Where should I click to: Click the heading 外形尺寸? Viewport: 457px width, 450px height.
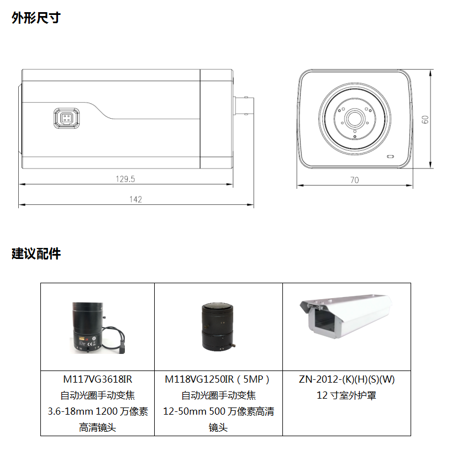tap(36, 18)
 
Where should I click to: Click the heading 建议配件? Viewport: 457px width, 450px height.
tap(36, 254)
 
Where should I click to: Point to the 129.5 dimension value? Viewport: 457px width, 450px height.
tap(125, 179)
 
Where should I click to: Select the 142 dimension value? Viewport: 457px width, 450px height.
tap(136, 199)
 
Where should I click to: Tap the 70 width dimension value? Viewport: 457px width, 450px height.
tap(354, 180)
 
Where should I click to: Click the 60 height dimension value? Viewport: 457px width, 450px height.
tap(426, 119)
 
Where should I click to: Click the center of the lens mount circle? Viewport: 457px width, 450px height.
tap(354, 118)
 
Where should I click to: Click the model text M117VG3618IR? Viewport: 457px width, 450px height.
tap(97, 380)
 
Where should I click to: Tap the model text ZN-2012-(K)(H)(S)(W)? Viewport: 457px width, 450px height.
tap(346, 380)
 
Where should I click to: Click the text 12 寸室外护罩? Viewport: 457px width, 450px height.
tap(346, 396)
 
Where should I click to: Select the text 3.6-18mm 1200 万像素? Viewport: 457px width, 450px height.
tap(97, 412)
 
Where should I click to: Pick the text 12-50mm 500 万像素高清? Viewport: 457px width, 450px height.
tap(218, 412)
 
